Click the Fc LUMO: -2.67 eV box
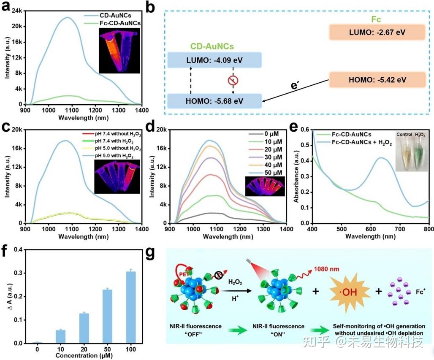click(377, 32)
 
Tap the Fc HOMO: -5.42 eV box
click(377, 80)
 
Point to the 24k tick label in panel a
click(15, 11)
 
